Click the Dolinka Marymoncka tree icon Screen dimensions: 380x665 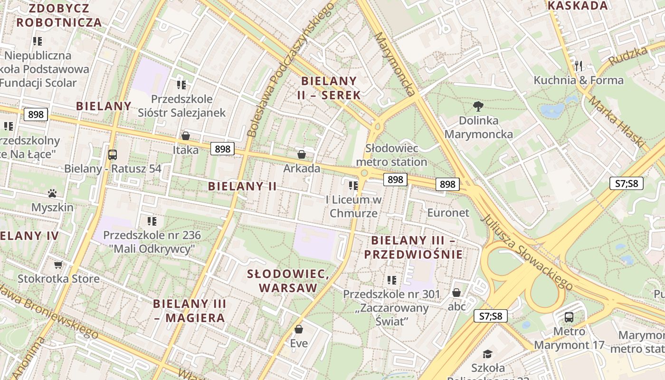pyautogui.click(x=478, y=106)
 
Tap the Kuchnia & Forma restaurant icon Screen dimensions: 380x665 pyautogui.click(x=578, y=66)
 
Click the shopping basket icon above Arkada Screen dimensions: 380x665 pyautogui.click(x=301, y=154)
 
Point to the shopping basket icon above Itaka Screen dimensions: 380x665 pyautogui.click(x=186, y=136)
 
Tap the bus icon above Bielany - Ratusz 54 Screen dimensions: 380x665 pyautogui.click(x=113, y=154)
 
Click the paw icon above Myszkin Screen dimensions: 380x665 pyautogui.click(x=52, y=193)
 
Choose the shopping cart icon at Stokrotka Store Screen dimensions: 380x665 pyautogui.click(x=58, y=265)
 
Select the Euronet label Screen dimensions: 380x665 pyautogui.click(x=448, y=212)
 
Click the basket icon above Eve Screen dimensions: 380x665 pyautogui.click(x=299, y=329)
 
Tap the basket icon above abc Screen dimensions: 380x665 pyautogui.click(x=456, y=293)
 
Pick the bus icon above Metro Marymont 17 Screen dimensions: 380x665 pyautogui.click(x=569, y=317)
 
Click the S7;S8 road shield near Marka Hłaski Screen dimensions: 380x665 pyautogui.click(x=627, y=183)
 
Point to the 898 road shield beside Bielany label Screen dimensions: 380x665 pyautogui.click(x=36, y=114)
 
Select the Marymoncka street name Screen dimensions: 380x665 pyautogui.click(x=395, y=64)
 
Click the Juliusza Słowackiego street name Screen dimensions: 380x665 pyautogui.click(x=527, y=252)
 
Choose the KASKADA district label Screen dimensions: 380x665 pyautogui.click(x=578, y=6)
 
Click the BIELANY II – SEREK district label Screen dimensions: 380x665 pyautogui.click(x=329, y=87)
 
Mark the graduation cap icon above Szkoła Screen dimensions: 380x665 pyautogui.click(x=488, y=354)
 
